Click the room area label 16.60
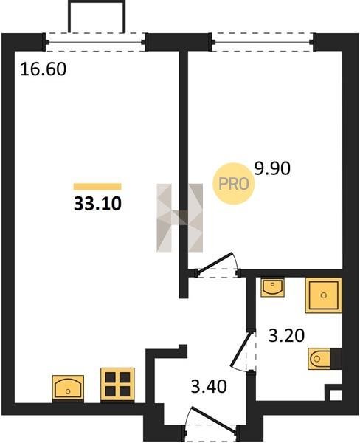click(44, 69)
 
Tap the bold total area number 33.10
click(97, 204)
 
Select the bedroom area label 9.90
click(272, 168)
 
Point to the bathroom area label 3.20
click(286, 336)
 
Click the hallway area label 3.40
click(209, 386)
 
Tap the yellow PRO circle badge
click(234, 184)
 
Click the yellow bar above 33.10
click(97, 187)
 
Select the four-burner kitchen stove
click(117, 384)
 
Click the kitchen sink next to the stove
click(68, 387)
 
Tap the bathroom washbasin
click(272, 287)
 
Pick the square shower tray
click(324, 295)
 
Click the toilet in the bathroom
click(325, 359)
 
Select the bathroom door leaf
click(240, 350)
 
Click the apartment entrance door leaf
click(214, 419)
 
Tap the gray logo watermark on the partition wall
click(180, 218)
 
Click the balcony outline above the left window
click(96, 16)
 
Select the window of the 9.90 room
click(263, 42)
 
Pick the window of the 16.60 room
click(95, 42)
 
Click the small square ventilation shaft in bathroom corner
click(336, 395)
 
